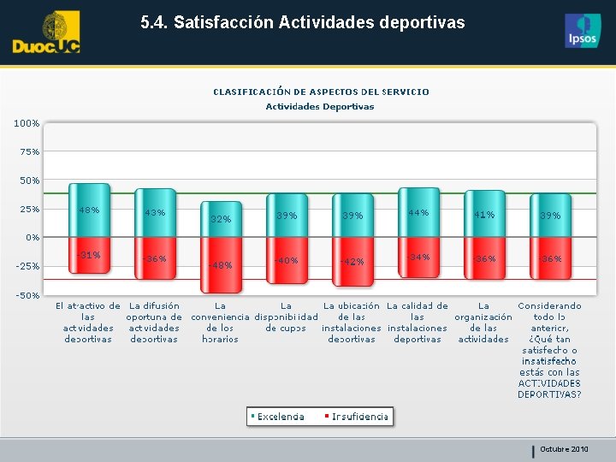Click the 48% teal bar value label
[89, 210]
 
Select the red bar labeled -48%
[221, 264]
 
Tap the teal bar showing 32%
[221, 220]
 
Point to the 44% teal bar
[418, 212]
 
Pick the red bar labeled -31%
[89, 255]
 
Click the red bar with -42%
[352, 261]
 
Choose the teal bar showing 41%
[484, 214]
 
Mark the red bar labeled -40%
[287, 260]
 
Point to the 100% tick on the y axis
[27, 123]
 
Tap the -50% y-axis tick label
[27, 295]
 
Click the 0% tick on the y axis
[31, 238]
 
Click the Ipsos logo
[583, 32]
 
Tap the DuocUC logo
[46, 33]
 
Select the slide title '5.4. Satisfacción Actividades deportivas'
[303, 23]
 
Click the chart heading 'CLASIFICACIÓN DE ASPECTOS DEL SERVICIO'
[321, 92]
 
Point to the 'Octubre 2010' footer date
[564, 449]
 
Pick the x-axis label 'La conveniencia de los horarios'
[221, 323]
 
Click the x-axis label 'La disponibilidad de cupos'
[287, 317]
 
